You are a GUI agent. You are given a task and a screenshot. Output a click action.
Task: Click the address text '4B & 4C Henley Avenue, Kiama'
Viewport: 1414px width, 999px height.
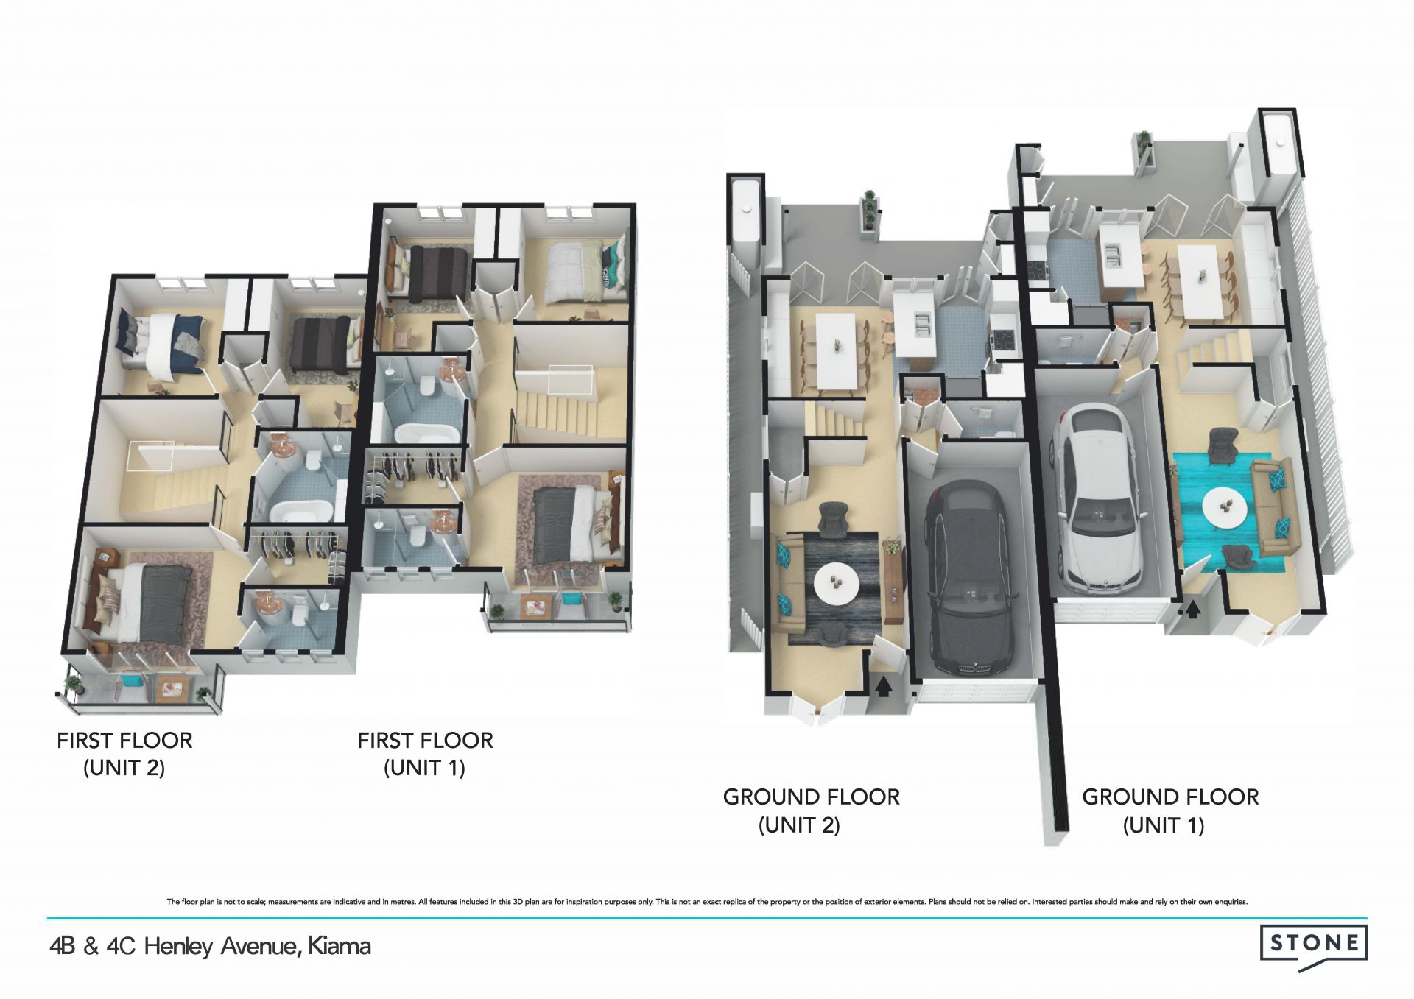(210, 946)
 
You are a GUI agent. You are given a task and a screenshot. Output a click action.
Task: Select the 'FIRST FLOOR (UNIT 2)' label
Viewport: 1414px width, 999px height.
(124, 754)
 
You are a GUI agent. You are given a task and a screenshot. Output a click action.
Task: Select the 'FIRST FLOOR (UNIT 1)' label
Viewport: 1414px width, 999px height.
(425, 754)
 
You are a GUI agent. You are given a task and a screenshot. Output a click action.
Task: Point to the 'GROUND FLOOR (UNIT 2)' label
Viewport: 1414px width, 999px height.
(811, 811)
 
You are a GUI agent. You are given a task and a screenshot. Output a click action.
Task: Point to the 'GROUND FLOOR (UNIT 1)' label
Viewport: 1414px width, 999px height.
(1170, 811)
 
